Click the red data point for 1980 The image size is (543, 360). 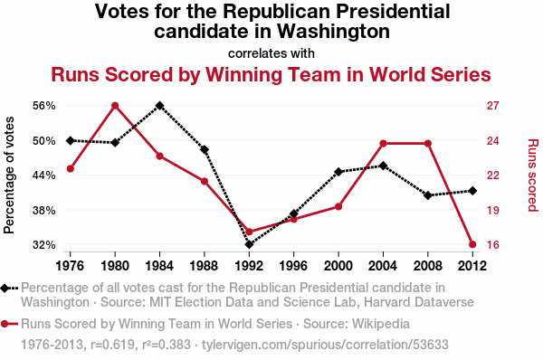pyautogui.click(x=115, y=106)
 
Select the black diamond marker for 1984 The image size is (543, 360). pyautogui.click(x=159, y=106)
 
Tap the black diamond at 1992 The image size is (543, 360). pyautogui.click(x=249, y=244)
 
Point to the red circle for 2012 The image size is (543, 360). pyautogui.click(x=472, y=244)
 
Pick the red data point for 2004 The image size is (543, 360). pyautogui.click(x=383, y=143)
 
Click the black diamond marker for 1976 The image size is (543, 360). pyautogui.click(x=71, y=140)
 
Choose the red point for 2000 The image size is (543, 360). pyautogui.click(x=338, y=206)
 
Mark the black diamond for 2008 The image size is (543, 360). pyautogui.click(x=428, y=195)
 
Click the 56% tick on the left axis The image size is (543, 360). pyautogui.click(x=44, y=106)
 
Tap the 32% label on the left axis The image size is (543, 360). pyautogui.click(x=44, y=245)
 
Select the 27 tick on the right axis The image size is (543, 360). pyautogui.click(x=493, y=106)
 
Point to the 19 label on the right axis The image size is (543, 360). pyautogui.click(x=493, y=210)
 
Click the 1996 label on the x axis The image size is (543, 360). pyautogui.click(x=293, y=266)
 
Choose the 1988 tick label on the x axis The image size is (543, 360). pyautogui.click(x=204, y=266)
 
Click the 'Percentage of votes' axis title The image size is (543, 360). pyautogui.click(x=9, y=175)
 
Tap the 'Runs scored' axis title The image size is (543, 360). pyautogui.click(x=533, y=175)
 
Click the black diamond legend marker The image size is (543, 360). pyautogui.click(x=5, y=288)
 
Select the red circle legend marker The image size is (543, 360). pyautogui.click(x=5, y=324)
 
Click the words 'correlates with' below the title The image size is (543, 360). pyautogui.click(x=271, y=53)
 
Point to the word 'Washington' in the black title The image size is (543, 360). pyautogui.click(x=334, y=31)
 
